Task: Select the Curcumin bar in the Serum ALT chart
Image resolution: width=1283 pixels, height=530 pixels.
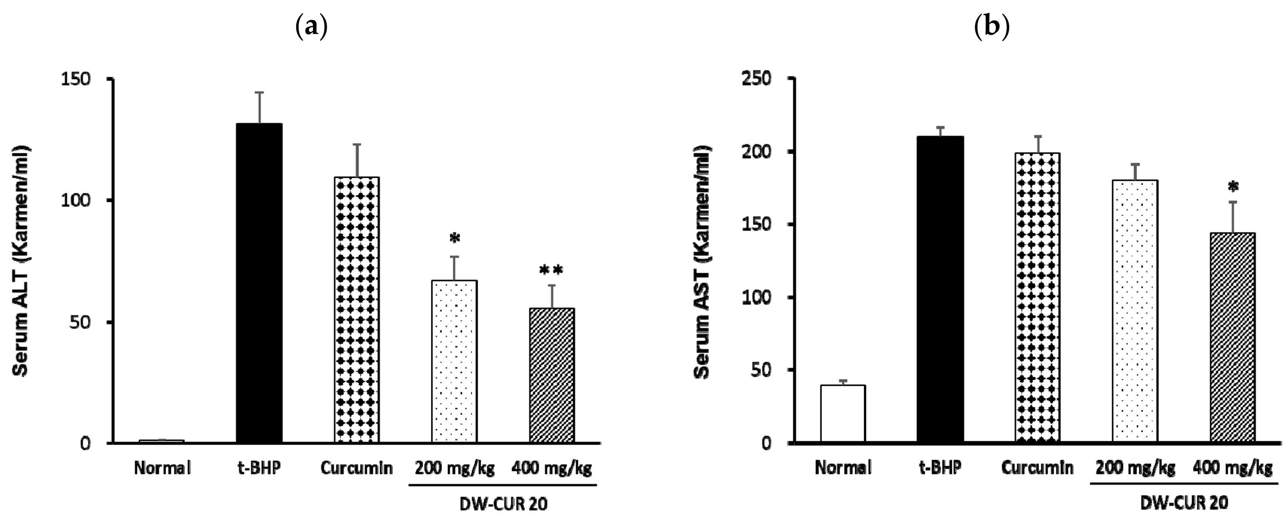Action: click(x=356, y=309)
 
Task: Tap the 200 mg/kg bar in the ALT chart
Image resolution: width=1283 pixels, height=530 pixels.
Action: click(x=454, y=361)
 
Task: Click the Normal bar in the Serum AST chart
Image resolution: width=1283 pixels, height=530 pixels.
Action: click(x=843, y=413)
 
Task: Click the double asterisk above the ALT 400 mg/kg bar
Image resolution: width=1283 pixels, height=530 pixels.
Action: click(x=551, y=271)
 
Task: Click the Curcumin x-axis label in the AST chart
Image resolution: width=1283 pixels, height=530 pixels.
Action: click(x=1037, y=468)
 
